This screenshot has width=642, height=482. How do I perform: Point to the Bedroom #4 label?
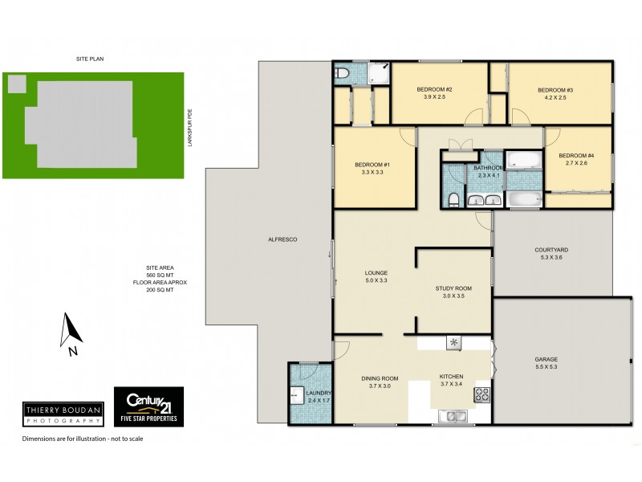576,155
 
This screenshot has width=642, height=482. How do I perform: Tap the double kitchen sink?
454,416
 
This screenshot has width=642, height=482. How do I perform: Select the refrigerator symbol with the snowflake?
454,343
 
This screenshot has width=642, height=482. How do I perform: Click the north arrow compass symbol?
71,332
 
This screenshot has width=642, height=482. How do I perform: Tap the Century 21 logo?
148,406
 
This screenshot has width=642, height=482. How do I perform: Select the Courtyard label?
551,250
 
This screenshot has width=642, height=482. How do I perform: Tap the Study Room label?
453,288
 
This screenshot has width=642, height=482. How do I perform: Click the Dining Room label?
379,378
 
